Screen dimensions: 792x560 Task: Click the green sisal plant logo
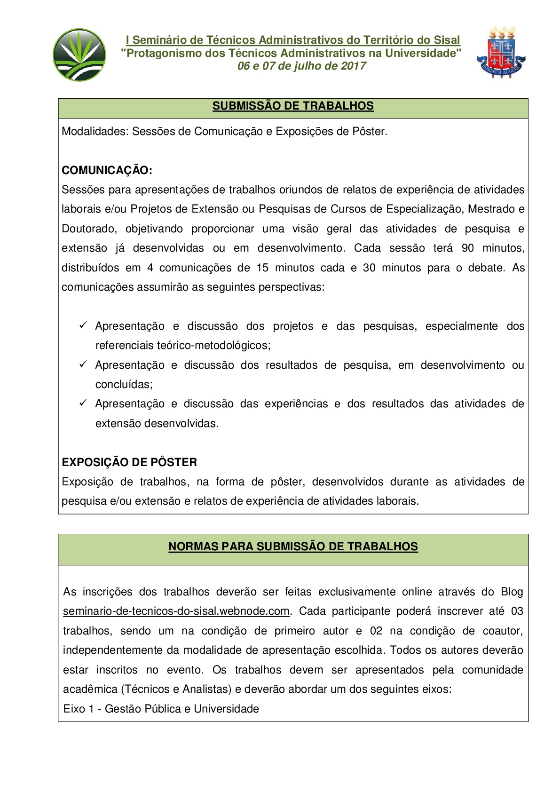click(79, 55)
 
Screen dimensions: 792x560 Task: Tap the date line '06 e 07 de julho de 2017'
click(301, 66)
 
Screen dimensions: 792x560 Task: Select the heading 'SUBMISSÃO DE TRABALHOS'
click(293, 106)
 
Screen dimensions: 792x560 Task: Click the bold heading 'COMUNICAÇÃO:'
click(107, 170)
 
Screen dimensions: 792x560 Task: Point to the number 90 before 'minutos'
click(467, 248)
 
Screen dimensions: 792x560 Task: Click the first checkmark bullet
click(83, 325)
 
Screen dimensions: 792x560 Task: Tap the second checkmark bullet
click(83, 364)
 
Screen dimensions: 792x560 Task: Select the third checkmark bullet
click(83, 403)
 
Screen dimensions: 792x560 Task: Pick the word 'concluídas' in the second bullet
click(123, 385)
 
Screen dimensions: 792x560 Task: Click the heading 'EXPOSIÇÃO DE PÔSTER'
click(129, 462)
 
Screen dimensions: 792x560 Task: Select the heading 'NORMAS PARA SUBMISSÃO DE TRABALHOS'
click(293, 546)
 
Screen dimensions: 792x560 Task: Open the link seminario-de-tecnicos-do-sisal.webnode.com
click(176, 611)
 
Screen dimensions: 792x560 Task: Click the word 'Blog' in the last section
click(512, 592)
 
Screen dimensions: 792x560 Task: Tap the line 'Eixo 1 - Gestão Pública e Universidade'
click(161, 709)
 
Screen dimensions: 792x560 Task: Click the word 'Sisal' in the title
click(446, 40)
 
